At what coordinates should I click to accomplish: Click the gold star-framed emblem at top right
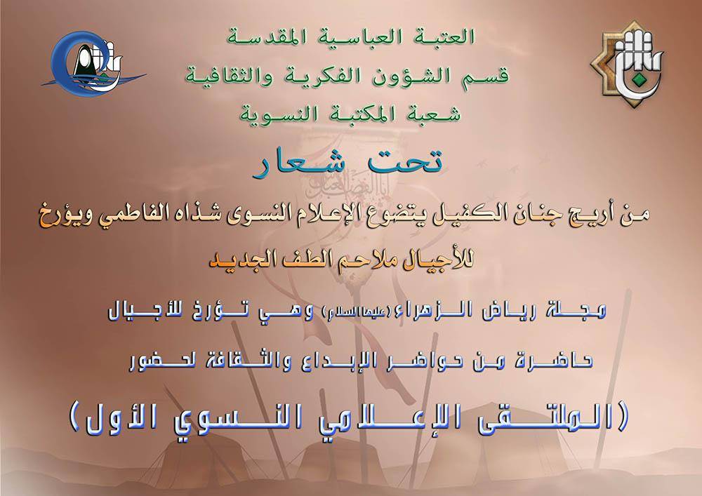click(x=627, y=65)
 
